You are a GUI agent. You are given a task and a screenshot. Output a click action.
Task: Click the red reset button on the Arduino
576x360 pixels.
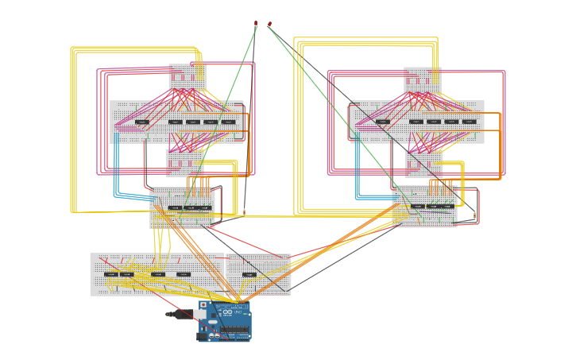tap(203, 304)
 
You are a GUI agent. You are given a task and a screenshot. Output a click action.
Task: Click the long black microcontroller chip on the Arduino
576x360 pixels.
tap(234, 330)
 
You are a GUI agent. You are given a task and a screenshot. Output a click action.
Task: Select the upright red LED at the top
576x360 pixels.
tap(255, 23)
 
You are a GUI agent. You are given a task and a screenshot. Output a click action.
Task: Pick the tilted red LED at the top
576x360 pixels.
tap(269, 24)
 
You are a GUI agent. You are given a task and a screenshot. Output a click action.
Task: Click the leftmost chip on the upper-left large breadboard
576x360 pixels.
tap(141, 122)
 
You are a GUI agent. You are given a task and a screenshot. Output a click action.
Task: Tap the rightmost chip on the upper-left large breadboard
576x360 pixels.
tap(229, 122)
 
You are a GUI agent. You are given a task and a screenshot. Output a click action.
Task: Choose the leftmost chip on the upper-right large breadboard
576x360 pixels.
tap(383, 122)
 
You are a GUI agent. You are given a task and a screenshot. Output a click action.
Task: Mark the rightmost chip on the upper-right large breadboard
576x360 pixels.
tap(470, 122)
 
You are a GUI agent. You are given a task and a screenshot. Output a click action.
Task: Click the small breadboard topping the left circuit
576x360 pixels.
tap(187, 77)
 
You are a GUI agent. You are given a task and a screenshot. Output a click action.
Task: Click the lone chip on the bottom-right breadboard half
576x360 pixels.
tap(249, 274)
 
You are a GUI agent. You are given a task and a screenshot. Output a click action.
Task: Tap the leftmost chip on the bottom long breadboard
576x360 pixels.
tap(111, 274)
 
